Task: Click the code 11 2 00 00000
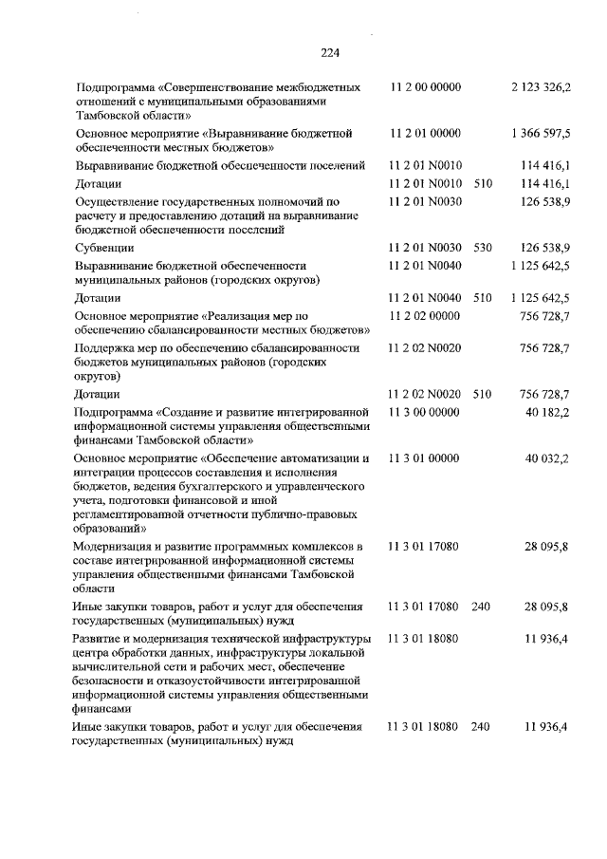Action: click(425, 87)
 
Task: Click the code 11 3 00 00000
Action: click(425, 412)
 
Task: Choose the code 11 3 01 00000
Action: click(425, 458)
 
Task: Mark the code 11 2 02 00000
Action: click(425, 314)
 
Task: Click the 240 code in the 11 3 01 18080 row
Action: click(480, 726)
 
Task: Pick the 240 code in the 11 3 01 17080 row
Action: click(480, 606)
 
